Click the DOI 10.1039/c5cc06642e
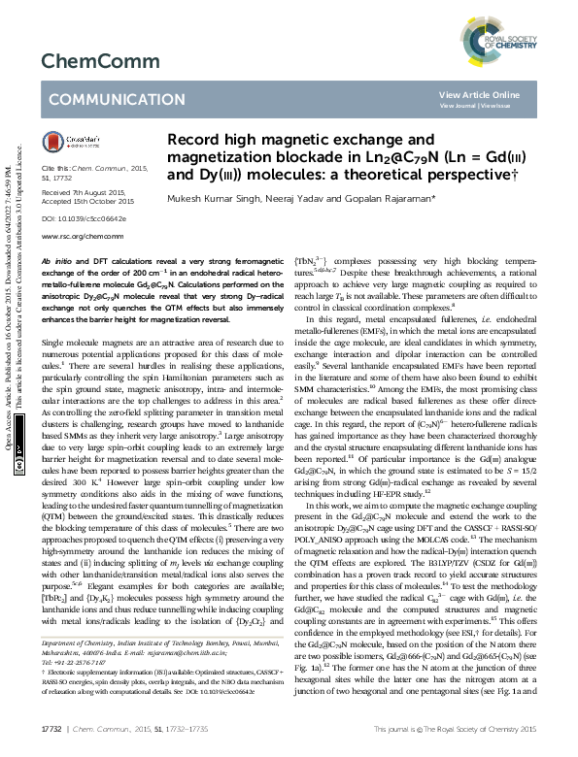pyautogui.click(x=81, y=219)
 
